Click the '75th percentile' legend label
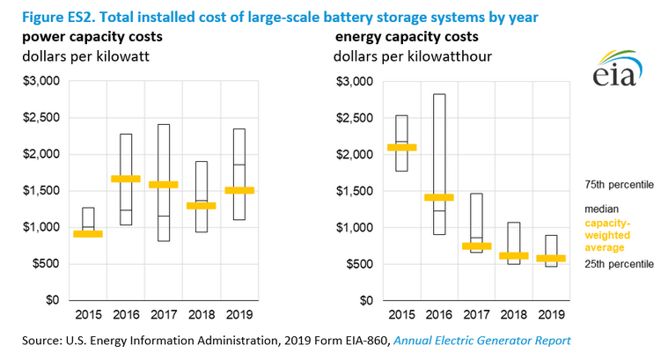(x=620, y=187)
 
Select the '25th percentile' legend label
(x=620, y=263)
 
